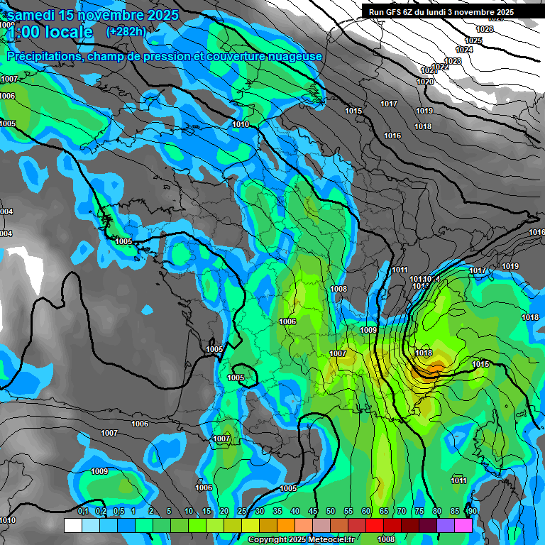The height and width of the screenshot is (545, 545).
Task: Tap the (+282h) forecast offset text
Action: [126, 31]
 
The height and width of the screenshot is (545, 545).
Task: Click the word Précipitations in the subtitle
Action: [42, 56]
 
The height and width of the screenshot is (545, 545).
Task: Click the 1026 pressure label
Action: [485, 29]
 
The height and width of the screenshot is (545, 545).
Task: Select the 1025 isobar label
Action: [473, 40]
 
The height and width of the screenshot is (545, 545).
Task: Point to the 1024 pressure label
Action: [464, 50]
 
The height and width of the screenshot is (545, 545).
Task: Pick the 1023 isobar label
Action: [453, 61]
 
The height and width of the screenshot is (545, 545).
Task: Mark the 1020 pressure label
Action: [424, 82]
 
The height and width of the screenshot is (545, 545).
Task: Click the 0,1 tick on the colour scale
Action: [83, 512]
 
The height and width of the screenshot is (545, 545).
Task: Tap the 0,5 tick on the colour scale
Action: [118, 512]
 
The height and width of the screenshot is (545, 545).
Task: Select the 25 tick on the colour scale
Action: [242, 512]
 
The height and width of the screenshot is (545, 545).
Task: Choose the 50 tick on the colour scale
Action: [331, 512]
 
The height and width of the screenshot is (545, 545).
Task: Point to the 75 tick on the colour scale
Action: [419, 512]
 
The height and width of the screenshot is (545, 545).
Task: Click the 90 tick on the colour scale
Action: [472, 512]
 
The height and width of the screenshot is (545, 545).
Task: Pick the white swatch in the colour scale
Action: [72, 526]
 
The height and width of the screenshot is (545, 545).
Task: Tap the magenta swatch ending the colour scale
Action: [463, 526]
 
